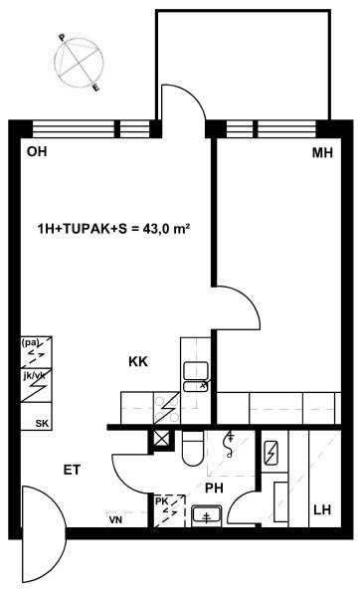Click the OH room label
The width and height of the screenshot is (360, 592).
point(37,151)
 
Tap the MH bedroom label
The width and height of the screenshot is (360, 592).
point(322,153)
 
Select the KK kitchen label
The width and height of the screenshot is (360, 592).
point(138,362)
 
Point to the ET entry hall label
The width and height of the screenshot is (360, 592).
point(72,470)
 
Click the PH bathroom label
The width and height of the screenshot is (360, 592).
point(214,489)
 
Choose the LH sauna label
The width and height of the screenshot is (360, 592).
point(322,510)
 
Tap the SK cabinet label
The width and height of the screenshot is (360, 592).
point(42,424)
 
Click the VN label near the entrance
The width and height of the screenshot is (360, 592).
point(115,520)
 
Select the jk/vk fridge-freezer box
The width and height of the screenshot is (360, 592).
point(36,385)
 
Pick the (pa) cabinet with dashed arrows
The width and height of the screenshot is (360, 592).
point(36,352)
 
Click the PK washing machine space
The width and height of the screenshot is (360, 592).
point(169,510)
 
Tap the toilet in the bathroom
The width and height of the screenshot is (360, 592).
point(193,448)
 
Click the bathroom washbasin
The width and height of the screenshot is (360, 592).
point(207,515)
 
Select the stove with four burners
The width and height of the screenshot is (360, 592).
point(167,408)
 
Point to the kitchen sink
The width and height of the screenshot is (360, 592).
point(196,376)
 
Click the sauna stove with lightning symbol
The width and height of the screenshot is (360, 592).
point(270,453)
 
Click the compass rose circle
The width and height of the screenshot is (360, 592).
point(79,63)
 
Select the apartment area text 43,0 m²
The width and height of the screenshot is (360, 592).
point(166,229)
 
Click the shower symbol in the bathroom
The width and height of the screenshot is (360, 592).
point(229,445)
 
